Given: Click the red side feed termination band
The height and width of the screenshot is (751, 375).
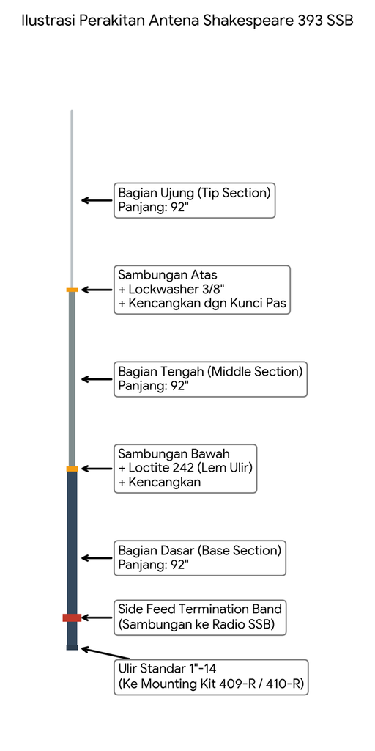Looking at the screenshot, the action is click(72, 618).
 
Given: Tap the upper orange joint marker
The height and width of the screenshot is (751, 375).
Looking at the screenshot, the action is click(72, 290).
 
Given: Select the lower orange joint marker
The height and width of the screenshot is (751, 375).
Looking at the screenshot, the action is click(72, 469).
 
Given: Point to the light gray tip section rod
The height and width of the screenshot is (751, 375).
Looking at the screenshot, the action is click(72, 199).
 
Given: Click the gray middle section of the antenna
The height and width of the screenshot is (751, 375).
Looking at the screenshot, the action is click(72, 379).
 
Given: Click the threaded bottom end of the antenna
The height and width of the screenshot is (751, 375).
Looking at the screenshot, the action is click(72, 648).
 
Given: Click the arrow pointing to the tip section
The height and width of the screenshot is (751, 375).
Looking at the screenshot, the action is click(97, 200).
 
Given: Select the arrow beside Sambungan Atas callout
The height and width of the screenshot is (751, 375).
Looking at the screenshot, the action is click(97, 290).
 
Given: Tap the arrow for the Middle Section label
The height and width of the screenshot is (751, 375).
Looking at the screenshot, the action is click(97, 379).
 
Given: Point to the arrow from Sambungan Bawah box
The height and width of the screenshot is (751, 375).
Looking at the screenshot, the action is click(97, 469).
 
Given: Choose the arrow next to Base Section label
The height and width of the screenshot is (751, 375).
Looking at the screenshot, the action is click(97, 558).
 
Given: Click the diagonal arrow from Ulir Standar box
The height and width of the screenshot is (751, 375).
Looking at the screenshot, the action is click(105, 653).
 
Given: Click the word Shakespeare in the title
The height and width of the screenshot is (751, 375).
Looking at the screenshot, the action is click(245, 21).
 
